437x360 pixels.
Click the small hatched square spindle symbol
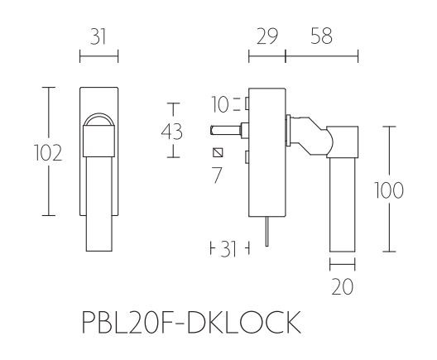click(218, 153)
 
